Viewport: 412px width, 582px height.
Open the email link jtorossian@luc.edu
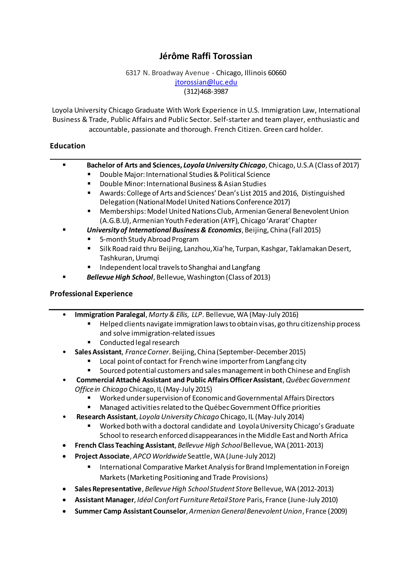[206, 82]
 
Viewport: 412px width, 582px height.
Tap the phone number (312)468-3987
[206, 91]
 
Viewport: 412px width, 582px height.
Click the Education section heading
[67, 146]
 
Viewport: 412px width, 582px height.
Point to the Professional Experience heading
[91, 294]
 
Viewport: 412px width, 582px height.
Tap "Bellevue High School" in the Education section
[120, 277]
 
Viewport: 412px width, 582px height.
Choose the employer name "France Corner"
[147, 352]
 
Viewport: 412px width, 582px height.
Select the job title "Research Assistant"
[106, 417]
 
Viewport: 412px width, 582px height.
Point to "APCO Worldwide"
[160, 456]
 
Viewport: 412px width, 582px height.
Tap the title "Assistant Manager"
[104, 500]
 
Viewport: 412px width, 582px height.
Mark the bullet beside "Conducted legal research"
[89, 342]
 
